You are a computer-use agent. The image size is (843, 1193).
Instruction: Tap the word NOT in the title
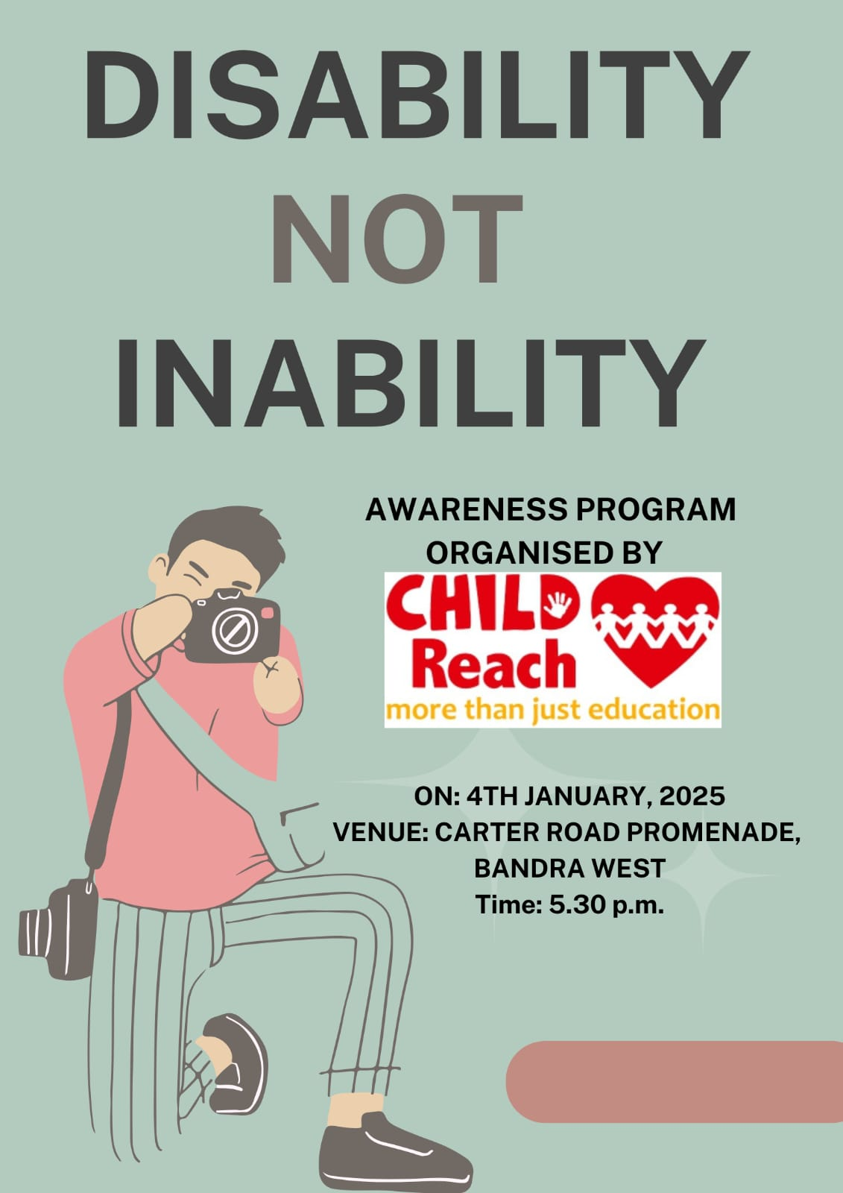(x=397, y=239)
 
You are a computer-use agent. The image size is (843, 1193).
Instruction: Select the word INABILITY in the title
(x=411, y=383)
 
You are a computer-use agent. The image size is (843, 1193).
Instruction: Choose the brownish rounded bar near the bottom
(x=675, y=1082)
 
